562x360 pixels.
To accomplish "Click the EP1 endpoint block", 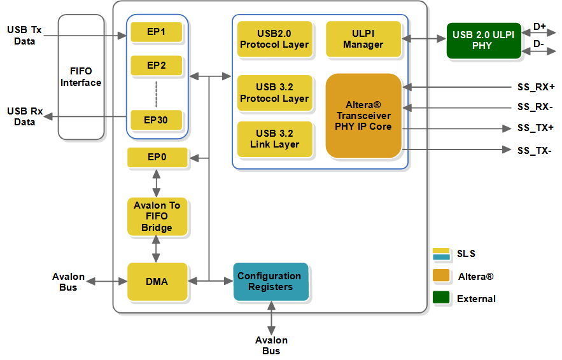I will click(157, 32).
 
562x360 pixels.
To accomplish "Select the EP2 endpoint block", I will click(157, 66).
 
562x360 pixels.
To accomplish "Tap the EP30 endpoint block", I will click(157, 120).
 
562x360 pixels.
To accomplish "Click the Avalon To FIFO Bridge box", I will click(157, 216).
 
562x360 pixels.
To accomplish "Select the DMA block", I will click(157, 281).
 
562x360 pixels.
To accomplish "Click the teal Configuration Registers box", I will click(270, 281).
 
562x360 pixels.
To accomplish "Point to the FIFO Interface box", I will click(81, 77).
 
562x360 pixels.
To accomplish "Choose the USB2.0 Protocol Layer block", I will click(274, 39).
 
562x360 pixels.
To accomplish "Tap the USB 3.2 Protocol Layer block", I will click(274, 93).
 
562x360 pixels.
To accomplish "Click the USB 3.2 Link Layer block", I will click(274, 139).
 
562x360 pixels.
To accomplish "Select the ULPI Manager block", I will click(363, 39).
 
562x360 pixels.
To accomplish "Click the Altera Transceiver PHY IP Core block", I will click(363, 116).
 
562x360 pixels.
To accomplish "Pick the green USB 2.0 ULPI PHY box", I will click(483, 40).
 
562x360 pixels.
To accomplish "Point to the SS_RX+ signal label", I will click(535, 87).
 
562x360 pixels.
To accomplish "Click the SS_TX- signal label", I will click(535, 151).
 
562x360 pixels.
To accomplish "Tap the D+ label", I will click(540, 27).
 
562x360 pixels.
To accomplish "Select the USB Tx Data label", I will click(25, 35).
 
